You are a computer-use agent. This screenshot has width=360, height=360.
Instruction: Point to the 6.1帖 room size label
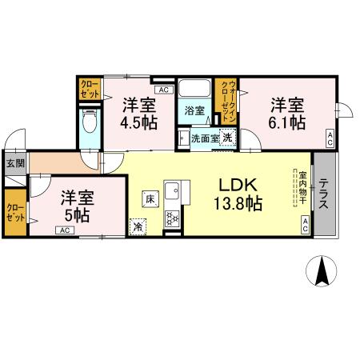(286, 122)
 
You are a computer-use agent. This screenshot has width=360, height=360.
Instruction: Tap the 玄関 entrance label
(15, 163)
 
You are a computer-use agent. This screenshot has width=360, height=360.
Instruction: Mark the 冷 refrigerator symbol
(138, 226)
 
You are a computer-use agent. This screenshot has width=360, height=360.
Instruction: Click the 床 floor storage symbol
(150, 198)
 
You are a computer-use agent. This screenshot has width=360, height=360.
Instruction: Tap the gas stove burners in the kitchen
(173, 217)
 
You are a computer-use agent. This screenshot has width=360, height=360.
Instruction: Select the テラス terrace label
(325, 194)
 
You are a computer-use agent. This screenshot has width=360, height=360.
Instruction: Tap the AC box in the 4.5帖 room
(163, 90)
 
